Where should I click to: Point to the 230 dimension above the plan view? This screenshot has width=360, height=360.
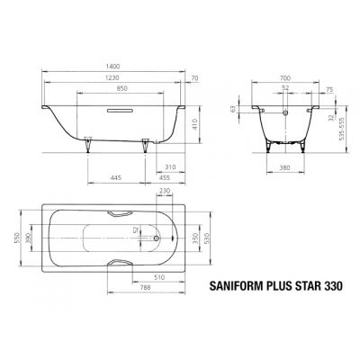point(164,191)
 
